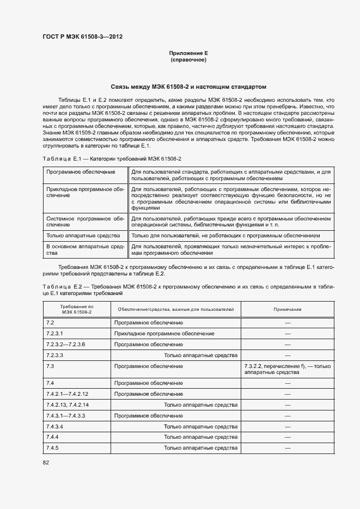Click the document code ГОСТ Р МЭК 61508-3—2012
82,37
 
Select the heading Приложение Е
188,53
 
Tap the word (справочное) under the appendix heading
188,60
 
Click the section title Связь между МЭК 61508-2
188,87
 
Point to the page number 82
46,462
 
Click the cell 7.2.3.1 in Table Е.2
55,333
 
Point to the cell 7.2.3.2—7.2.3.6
66,344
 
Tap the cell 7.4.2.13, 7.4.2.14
68,404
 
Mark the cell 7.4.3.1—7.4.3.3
66,415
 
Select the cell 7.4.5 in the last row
53,447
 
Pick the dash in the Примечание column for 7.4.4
287,437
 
